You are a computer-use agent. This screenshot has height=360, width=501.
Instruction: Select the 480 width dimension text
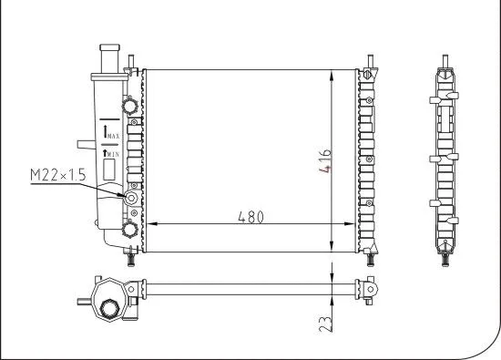click(250, 217)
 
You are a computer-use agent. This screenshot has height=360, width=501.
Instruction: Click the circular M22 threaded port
click(132, 198)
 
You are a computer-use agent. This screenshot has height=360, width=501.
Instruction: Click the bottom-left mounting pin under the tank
click(132, 257)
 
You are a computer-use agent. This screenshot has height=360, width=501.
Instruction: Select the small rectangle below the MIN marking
click(109, 168)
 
